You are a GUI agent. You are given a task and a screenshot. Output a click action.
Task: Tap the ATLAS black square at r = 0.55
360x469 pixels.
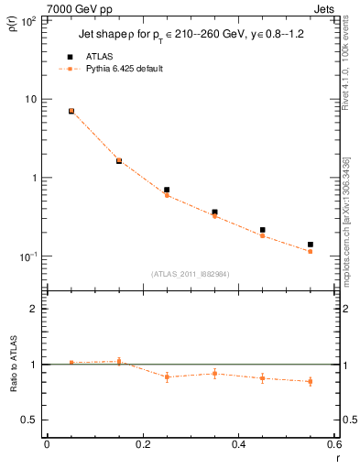[x=311, y=245]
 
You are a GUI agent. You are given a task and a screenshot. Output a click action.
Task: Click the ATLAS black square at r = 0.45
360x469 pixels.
[x=263, y=230]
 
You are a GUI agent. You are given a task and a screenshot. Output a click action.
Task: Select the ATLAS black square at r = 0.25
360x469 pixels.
[x=167, y=190]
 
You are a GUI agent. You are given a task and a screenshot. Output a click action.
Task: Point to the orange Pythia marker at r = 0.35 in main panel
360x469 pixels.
[x=214, y=215]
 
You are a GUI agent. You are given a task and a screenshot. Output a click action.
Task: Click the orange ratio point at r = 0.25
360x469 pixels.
[x=167, y=376]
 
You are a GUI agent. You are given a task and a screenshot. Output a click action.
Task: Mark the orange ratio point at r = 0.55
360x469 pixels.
[x=311, y=381]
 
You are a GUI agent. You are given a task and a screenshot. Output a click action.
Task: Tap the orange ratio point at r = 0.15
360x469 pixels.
[x=119, y=361]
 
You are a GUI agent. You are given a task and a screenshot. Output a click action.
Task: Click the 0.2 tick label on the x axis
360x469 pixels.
[x=142, y=444]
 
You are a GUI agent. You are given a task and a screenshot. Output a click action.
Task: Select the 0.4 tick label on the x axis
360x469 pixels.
[x=238, y=444]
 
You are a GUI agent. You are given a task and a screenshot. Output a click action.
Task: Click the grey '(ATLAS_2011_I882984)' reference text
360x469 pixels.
[x=191, y=274]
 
